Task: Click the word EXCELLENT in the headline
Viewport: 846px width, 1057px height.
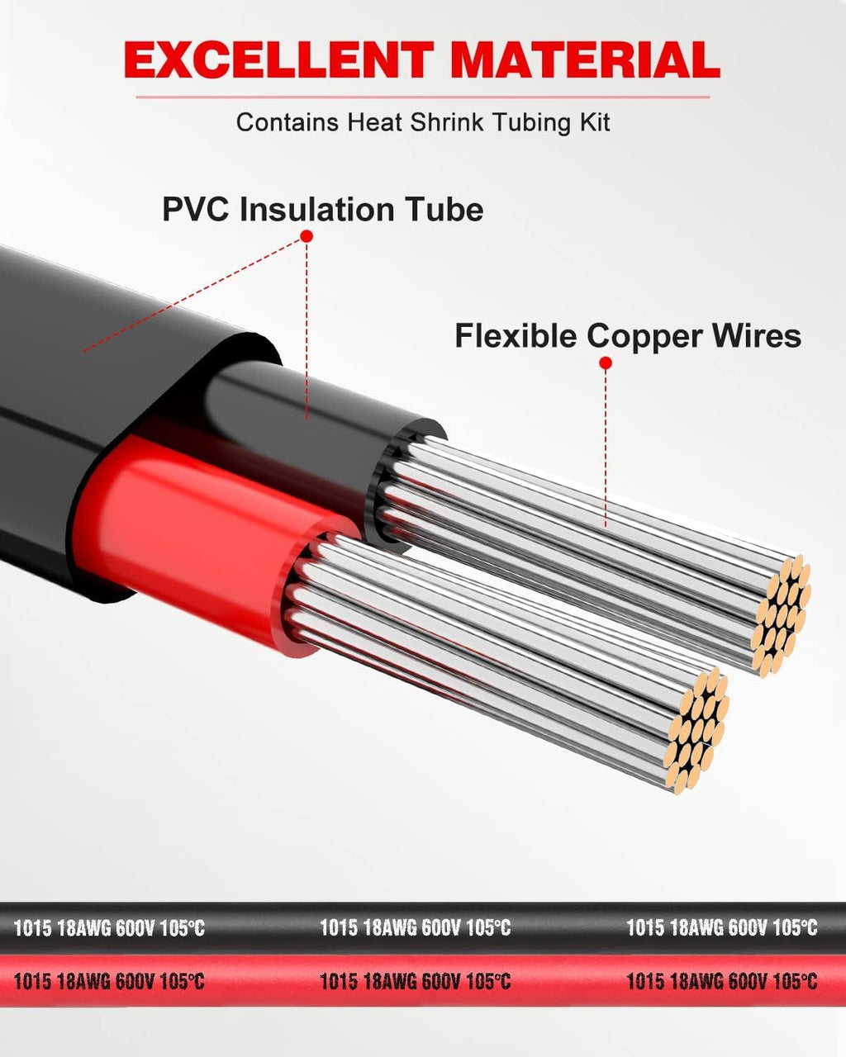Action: (278, 59)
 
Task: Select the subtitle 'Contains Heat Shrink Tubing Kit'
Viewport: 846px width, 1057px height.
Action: (423, 122)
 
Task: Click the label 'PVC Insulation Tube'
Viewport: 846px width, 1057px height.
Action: (322, 209)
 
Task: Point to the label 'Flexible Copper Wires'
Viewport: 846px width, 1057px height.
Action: (628, 336)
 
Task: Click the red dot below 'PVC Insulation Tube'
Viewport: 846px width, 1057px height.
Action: (307, 236)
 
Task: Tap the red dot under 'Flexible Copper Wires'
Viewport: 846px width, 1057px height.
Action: (606, 363)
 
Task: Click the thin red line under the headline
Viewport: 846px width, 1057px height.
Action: (423, 97)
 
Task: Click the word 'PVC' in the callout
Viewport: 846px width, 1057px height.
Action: (197, 209)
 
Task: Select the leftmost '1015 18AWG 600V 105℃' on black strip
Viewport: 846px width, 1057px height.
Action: (109, 927)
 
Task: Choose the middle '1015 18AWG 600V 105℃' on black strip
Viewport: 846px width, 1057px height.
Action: (416, 927)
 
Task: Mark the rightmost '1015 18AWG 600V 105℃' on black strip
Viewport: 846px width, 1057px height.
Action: (721, 927)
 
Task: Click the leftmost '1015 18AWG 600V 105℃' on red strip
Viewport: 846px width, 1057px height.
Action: (109, 981)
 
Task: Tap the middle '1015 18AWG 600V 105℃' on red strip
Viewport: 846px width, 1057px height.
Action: (416, 981)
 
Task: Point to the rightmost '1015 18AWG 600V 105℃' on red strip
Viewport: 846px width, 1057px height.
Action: (721, 981)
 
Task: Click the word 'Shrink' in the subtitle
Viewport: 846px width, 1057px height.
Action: (447, 122)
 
